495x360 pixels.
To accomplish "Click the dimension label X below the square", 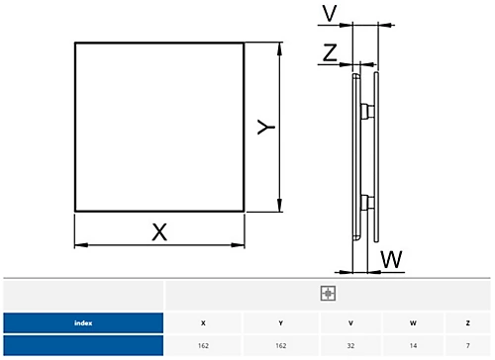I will point(158,232).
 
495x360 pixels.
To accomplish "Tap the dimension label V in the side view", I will point(329,14).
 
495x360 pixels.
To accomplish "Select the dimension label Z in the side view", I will point(329,53).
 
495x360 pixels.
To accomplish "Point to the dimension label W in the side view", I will point(392,259).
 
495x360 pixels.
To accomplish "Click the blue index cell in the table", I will point(82,322).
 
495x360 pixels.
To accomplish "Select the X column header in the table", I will point(204,322).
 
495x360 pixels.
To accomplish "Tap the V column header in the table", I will point(350,322).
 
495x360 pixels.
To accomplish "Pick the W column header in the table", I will point(412,322).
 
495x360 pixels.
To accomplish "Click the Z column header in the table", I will point(467,322).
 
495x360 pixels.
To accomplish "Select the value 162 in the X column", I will point(204,346).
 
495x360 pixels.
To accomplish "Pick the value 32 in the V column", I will point(350,346).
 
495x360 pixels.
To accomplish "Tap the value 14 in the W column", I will point(412,346).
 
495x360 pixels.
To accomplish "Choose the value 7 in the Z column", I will point(467,346).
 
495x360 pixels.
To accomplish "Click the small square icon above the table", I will point(329,294).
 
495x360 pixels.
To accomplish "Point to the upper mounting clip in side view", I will point(367,109).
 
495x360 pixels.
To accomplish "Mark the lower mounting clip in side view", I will point(367,204).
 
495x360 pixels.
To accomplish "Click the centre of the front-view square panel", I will point(159,127).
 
